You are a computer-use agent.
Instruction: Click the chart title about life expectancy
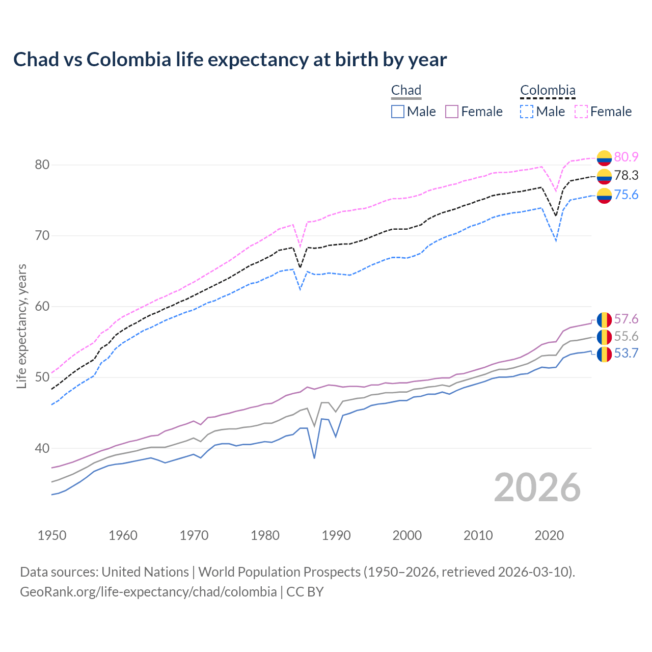point(230,60)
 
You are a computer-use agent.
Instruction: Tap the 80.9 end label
point(626,157)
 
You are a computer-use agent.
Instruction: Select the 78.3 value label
point(626,176)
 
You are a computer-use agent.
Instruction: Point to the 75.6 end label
point(626,195)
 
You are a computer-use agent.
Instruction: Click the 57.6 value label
point(626,319)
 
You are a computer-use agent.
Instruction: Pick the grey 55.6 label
point(626,336)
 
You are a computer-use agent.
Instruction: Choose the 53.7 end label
point(626,354)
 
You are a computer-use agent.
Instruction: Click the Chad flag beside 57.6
point(604,320)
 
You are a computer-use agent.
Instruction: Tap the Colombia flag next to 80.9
point(604,158)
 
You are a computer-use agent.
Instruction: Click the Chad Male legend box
point(398,112)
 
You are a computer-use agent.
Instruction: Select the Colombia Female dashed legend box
point(581,112)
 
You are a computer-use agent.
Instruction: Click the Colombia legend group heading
point(548,91)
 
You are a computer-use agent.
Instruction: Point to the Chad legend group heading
point(406,91)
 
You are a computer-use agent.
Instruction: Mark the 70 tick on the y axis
point(42,236)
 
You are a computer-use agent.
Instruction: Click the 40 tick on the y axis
point(42,449)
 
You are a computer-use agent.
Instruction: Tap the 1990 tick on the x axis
point(336,535)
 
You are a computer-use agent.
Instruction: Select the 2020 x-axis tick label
point(549,535)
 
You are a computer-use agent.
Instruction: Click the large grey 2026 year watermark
point(537,488)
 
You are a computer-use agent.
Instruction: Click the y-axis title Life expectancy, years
point(22,326)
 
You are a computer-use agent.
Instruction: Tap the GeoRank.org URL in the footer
point(148,592)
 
